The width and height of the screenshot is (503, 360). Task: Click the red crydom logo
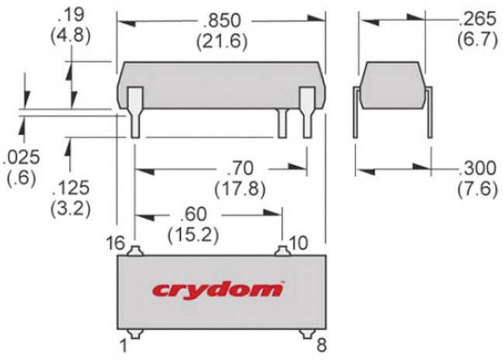pos(218,289)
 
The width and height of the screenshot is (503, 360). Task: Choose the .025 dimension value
pos(21,158)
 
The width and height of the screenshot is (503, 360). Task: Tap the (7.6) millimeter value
pos(477,189)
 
